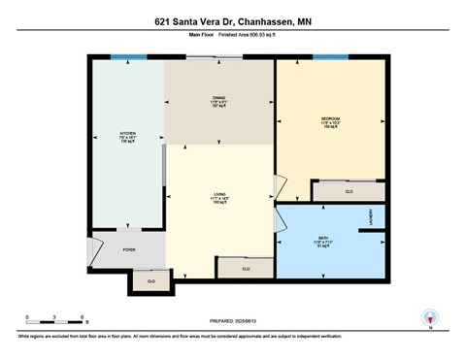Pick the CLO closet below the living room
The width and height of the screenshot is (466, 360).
245,268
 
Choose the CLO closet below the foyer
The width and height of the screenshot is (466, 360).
150,281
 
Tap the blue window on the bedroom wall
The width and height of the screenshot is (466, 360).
330,57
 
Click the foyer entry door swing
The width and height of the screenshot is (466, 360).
93,250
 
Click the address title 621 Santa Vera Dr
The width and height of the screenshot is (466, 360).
233,20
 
